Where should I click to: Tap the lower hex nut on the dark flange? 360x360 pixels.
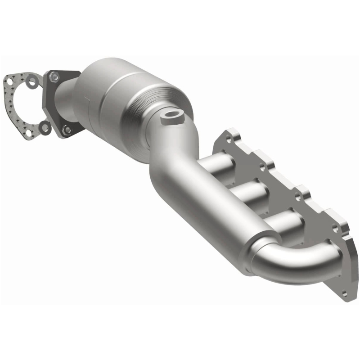(x=67, y=130)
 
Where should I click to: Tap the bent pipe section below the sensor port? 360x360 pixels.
(x=171, y=148)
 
